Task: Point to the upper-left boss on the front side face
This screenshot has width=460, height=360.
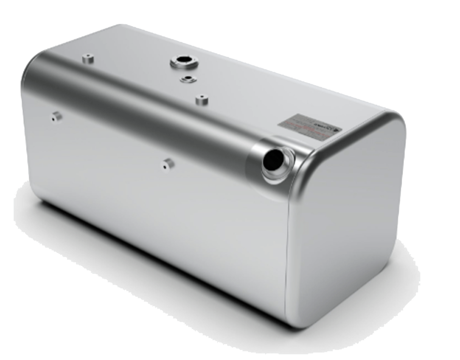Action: click(x=56, y=117)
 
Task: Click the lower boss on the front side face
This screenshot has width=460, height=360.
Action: click(x=168, y=164)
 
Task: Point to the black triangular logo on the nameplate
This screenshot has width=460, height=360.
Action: click(x=337, y=130)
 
